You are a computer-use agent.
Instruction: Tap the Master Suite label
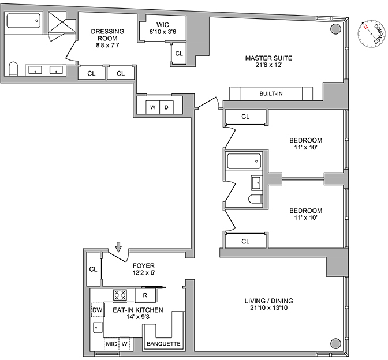[x=268, y=62]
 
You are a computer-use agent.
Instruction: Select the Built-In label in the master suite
[x=271, y=93]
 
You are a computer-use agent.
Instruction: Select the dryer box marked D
[x=166, y=107]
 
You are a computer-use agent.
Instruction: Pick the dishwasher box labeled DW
[x=98, y=310]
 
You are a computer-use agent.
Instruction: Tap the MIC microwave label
[x=111, y=344]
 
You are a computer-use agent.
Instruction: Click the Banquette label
[x=164, y=344]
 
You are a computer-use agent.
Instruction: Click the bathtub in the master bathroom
[x=23, y=24]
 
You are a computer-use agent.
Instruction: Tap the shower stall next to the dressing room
[x=61, y=25]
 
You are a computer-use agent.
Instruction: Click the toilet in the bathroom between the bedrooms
[x=255, y=200]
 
